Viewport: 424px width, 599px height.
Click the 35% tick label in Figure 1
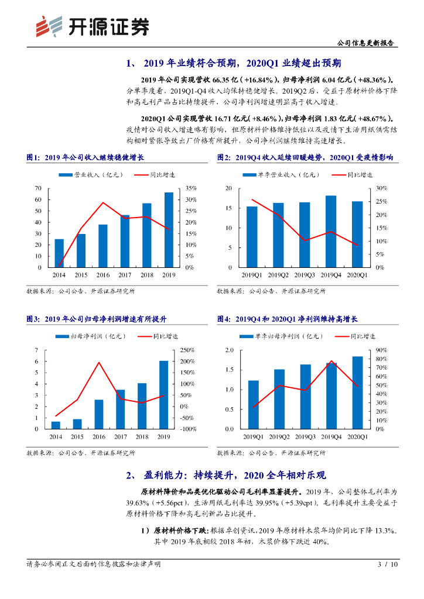(190, 188)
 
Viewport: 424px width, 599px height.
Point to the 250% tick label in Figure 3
(187, 350)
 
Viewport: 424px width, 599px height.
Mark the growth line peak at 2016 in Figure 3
(99, 362)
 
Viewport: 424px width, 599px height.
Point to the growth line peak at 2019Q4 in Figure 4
(331, 361)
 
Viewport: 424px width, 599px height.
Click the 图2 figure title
(305, 158)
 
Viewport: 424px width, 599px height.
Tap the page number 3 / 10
(388, 564)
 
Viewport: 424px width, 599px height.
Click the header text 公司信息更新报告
(367, 43)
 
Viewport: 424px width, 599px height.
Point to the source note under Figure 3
(81, 453)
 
